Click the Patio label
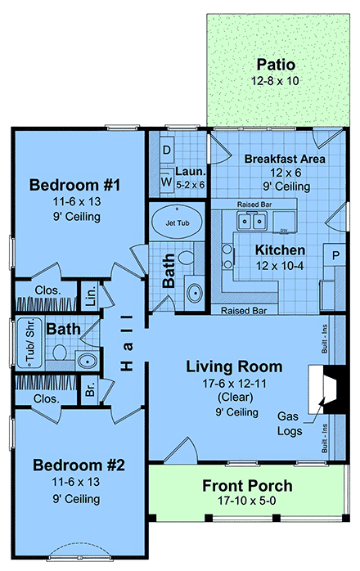tap(276, 64)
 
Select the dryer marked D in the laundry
tap(165, 150)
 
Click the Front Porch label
tap(247, 486)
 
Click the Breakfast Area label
tap(286, 159)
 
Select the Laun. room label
tap(190, 173)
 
